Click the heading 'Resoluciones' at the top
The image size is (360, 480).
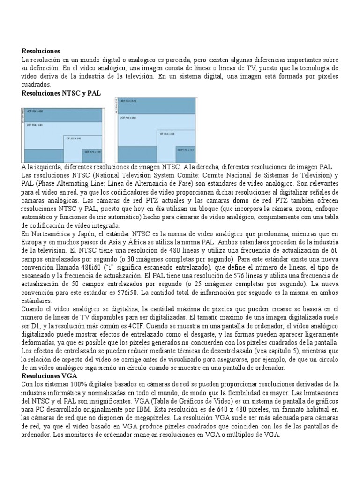tap(41, 51)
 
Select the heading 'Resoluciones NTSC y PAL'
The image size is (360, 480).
tap(61, 93)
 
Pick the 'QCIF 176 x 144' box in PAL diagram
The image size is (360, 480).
tap(186, 150)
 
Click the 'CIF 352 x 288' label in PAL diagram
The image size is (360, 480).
tap(167, 134)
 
